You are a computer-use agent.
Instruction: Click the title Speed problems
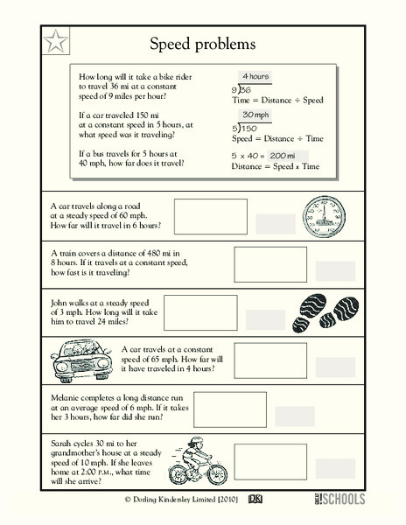(202, 44)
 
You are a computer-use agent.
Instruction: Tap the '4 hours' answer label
(256, 76)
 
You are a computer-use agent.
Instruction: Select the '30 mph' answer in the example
(255, 115)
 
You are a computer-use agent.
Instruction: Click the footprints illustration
(329, 308)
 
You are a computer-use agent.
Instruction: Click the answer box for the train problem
(212, 262)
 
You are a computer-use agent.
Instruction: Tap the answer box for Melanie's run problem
(229, 408)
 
